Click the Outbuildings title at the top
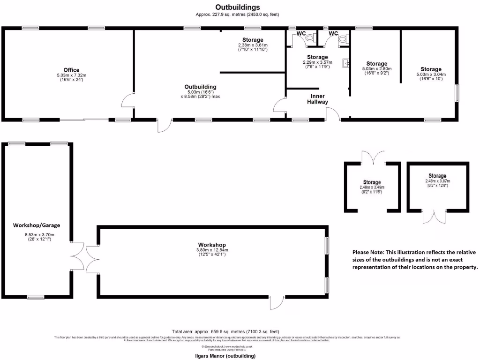tap(237, 7)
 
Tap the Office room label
tap(71, 70)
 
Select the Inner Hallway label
tap(317, 99)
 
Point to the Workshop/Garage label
tap(37, 225)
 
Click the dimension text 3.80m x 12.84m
tap(212, 250)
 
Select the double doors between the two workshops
tap(85, 258)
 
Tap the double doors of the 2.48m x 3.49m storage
tap(373, 157)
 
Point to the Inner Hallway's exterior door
tap(333, 114)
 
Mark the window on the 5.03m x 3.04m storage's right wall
tap(457, 93)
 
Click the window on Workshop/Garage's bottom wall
tap(36, 297)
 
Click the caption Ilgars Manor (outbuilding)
tap(225, 356)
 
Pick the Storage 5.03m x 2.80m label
tap(376, 64)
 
